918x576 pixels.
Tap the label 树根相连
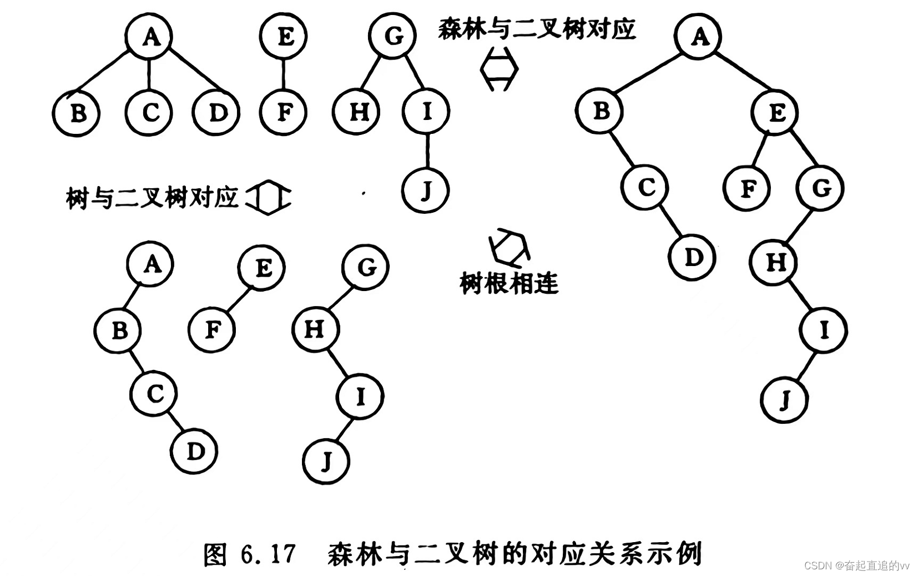[509, 284]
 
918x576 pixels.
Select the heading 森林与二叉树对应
[537, 28]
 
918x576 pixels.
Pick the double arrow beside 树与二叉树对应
[269, 197]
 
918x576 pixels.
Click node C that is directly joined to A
[149, 113]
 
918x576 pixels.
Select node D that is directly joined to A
[217, 113]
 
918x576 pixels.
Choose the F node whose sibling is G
[747, 188]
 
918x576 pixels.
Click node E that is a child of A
[775, 113]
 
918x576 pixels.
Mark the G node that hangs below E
[820, 188]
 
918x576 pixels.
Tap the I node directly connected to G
[426, 112]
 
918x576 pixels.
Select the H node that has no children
[357, 112]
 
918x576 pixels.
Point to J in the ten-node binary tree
[784, 400]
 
